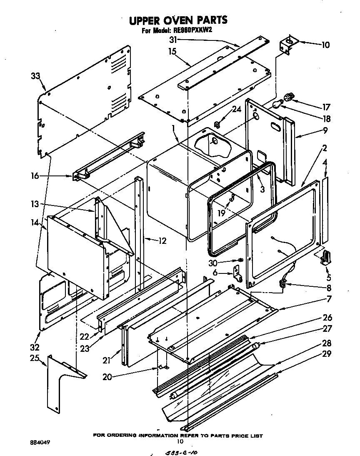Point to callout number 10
pos(325,45)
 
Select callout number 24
pos(236,110)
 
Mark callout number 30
pos(213,263)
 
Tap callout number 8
pos(329,287)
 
